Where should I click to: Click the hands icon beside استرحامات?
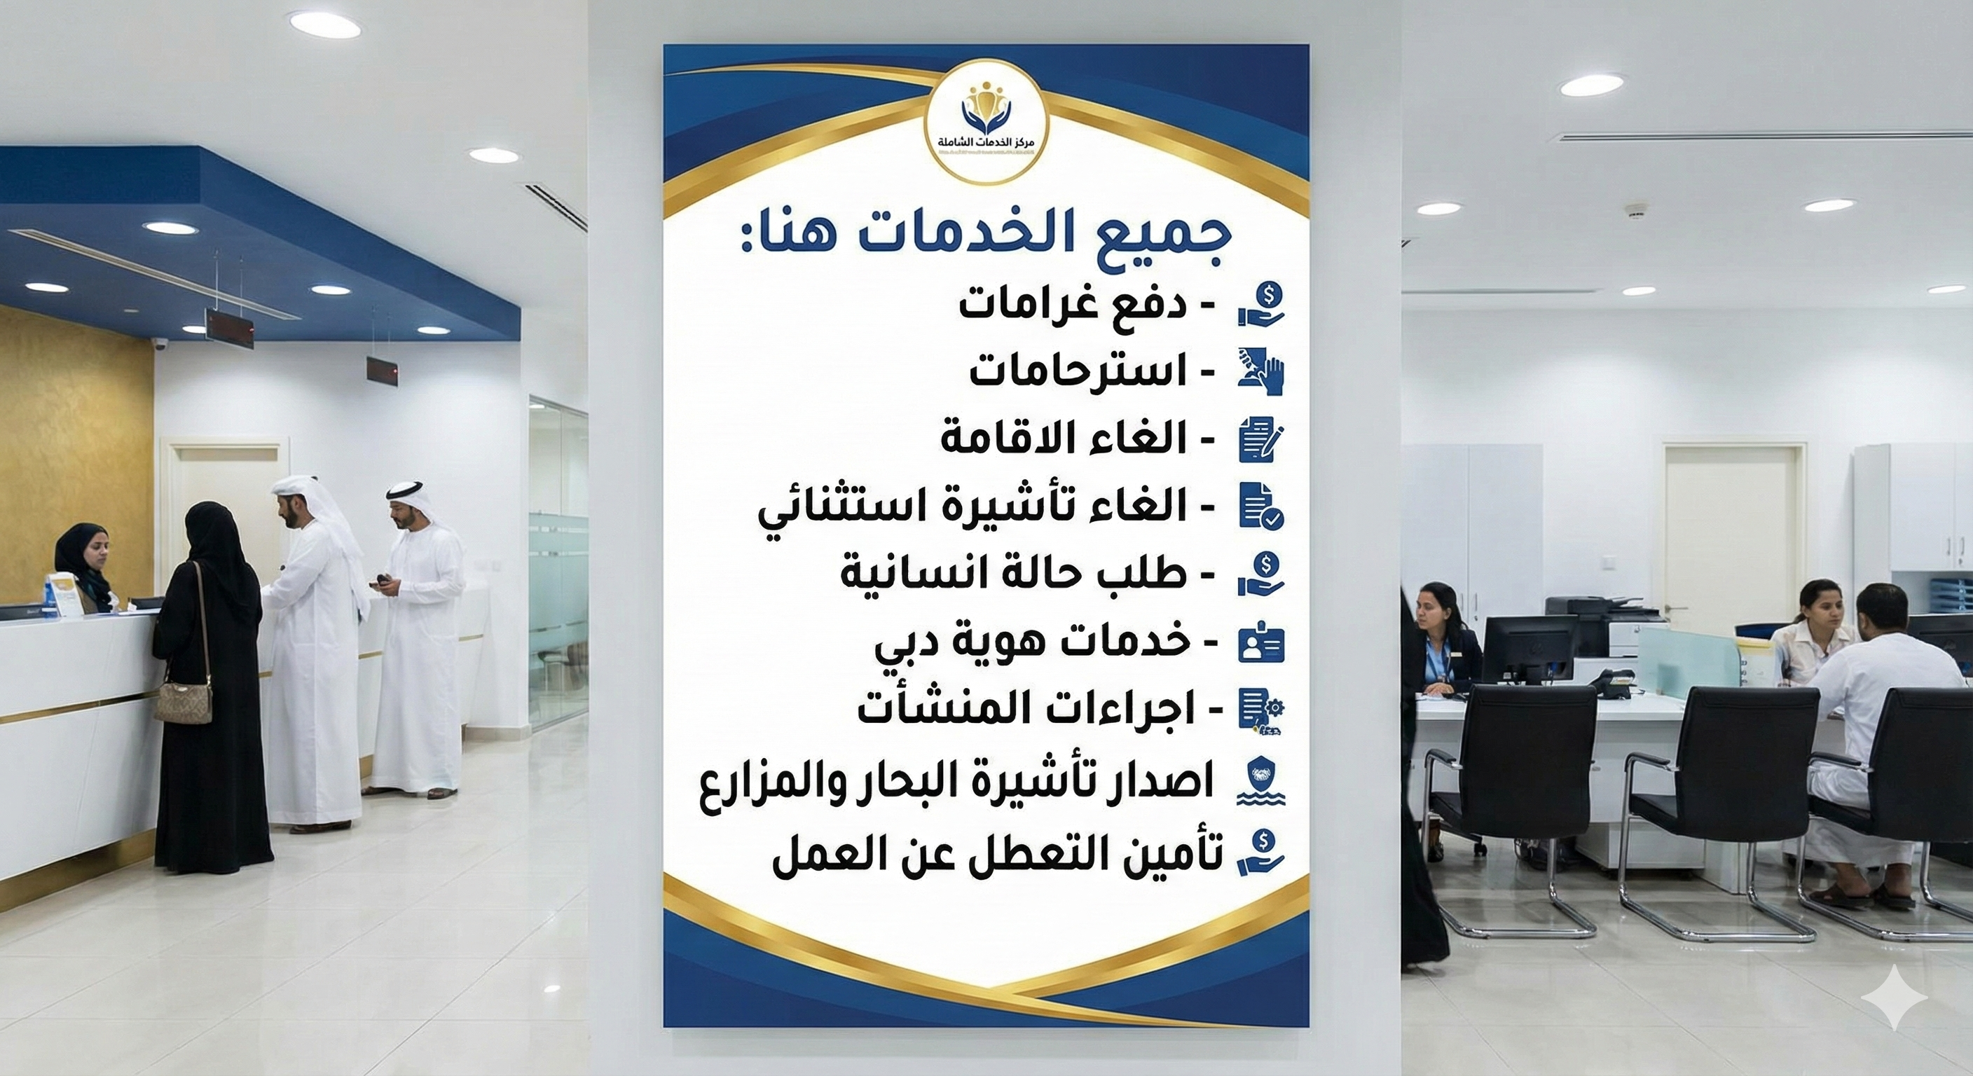[x=1261, y=371]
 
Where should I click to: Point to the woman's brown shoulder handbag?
[x=184, y=698]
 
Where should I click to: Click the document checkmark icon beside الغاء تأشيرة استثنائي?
[x=1261, y=506]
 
